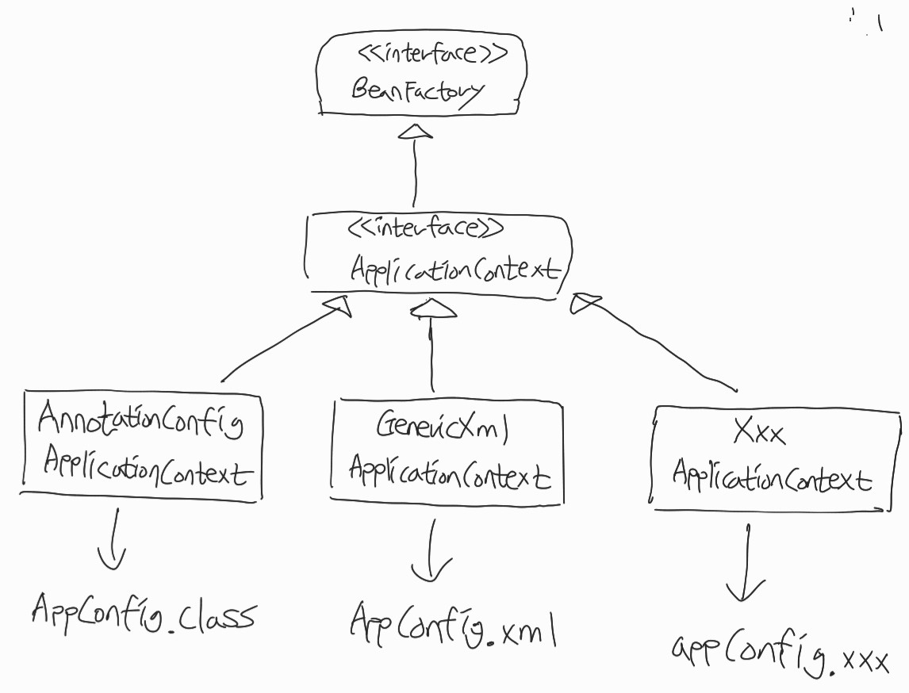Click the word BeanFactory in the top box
[x=416, y=90]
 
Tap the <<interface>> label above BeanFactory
[x=431, y=54]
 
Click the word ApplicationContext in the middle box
[x=454, y=269]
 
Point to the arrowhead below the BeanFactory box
[x=416, y=131]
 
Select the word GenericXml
[x=441, y=429]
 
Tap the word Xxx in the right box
[x=759, y=433]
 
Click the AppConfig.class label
[x=144, y=614]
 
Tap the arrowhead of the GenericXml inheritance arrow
[x=432, y=309]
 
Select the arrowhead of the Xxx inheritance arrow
[x=585, y=301]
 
